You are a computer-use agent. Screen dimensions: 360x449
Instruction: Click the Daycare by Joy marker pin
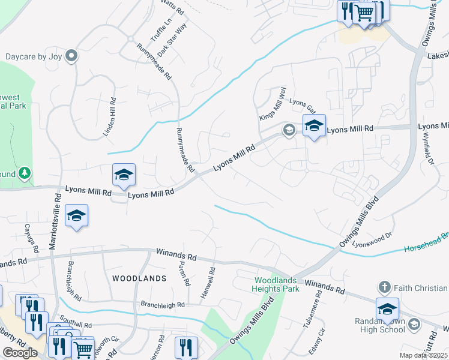click(x=72, y=56)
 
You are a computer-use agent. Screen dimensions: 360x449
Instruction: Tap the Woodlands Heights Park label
click(x=277, y=285)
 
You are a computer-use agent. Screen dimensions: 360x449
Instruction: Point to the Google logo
click(x=20, y=353)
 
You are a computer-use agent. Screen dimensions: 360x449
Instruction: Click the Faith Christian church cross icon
click(x=384, y=286)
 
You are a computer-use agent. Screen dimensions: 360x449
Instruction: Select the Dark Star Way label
click(x=172, y=35)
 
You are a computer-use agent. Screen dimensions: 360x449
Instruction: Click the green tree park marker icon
click(x=24, y=174)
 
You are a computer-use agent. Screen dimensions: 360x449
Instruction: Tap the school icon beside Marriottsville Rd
click(x=77, y=215)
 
